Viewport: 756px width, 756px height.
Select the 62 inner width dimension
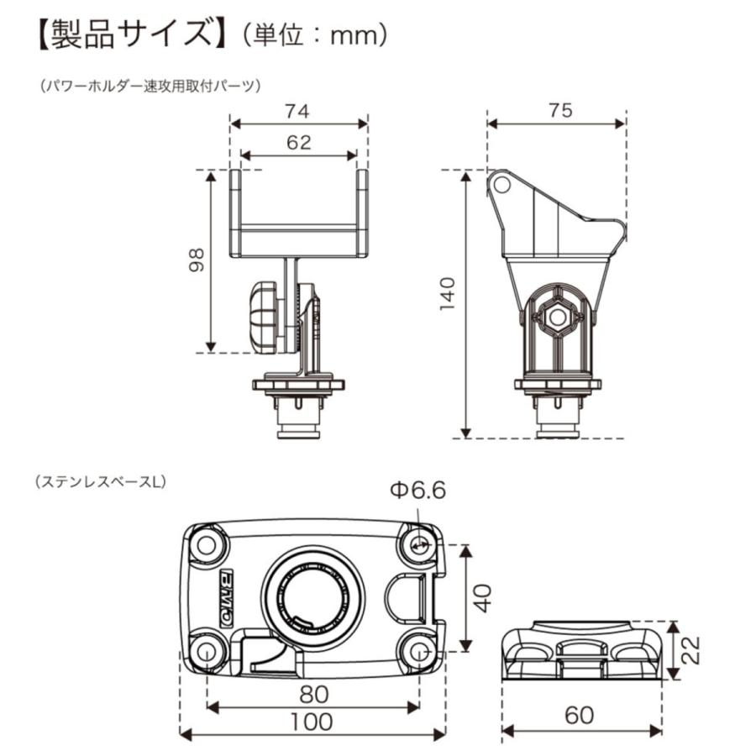298,142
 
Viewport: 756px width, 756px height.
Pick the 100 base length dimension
312,720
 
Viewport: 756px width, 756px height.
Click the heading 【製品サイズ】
127,34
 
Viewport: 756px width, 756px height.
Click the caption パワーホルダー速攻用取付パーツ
151,85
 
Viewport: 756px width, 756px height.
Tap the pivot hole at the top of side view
500,183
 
